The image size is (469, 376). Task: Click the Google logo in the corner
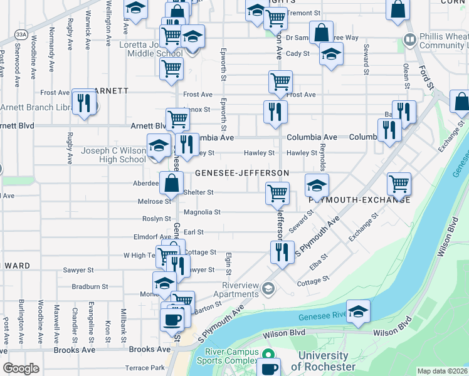[21, 368]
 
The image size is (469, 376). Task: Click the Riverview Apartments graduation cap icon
[268, 288]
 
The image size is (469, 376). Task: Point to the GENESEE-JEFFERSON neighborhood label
[241, 172]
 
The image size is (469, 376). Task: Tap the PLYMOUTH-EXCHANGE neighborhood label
[360, 199]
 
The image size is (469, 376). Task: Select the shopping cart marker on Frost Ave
[280, 81]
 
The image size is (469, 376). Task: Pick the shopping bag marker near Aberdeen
[171, 183]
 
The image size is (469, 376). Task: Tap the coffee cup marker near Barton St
[172, 319]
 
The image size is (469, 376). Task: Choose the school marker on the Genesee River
[358, 311]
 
